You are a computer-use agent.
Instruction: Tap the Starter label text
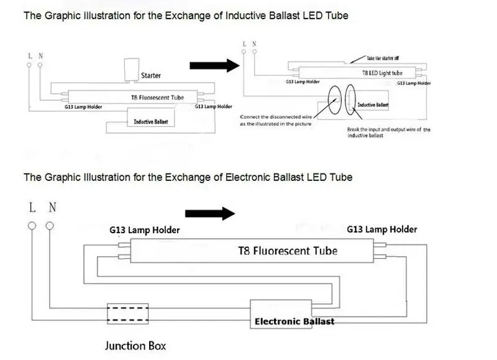tap(151, 75)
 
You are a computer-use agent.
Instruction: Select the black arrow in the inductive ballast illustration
tap(214, 66)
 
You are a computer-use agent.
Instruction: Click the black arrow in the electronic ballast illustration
tap(210, 213)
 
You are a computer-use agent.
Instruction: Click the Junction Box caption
tap(135, 346)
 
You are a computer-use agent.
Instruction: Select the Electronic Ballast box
tap(281, 314)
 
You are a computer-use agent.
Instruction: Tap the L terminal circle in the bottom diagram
tap(32, 226)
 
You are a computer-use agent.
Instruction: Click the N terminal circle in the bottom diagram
tap(50, 226)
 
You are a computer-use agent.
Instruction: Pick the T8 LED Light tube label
tap(382, 73)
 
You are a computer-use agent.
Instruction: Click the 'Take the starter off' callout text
tap(383, 58)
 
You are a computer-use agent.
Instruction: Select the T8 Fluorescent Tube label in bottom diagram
tap(288, 251)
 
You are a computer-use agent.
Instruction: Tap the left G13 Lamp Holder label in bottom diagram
tap(145, 230)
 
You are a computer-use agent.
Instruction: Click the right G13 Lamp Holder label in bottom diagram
tap(382, 229)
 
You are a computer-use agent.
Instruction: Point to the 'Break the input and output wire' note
tap(389, 132)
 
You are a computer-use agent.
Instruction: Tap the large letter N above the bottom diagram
tap(52, 208)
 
